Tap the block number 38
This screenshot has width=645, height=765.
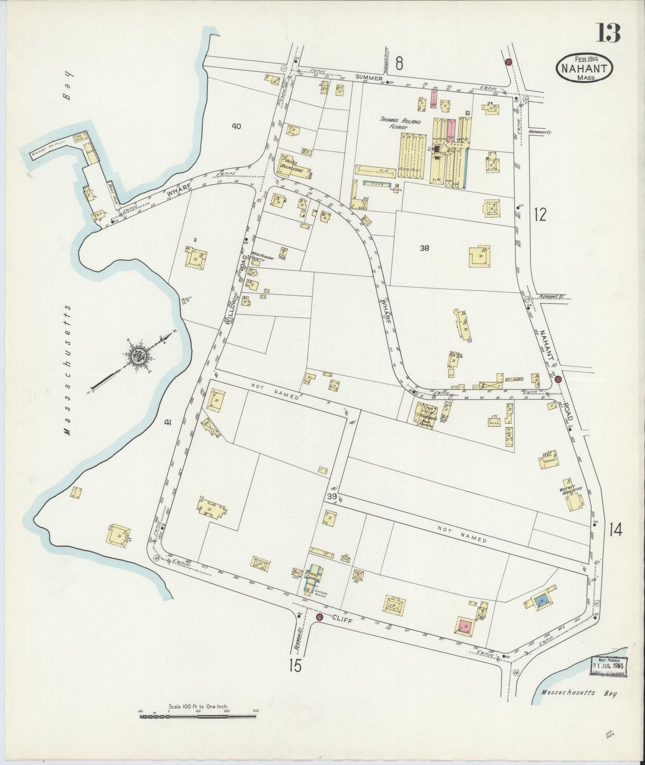click(x=424, y=248)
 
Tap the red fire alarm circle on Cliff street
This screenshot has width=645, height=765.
click(x=319, y=617)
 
